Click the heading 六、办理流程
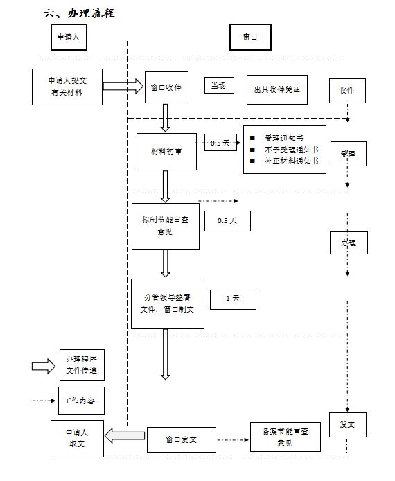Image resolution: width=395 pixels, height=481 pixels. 79,13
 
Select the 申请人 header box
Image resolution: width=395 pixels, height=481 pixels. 69,37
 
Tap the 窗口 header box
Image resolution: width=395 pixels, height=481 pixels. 250,37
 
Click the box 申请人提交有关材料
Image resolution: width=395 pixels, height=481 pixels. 67,87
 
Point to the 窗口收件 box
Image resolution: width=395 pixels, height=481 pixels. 166,87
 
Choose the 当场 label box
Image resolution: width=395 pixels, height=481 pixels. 219,85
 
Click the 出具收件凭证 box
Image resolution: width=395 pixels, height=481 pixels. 277,89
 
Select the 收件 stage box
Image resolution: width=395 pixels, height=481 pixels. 347,91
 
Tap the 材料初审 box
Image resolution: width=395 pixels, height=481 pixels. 166,152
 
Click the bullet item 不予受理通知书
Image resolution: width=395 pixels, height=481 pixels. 291,150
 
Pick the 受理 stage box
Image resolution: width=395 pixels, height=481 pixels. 348,154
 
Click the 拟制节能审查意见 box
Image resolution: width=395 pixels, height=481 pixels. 166,226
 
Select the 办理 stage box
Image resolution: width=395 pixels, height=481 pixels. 349,243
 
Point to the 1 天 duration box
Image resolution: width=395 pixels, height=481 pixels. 233,299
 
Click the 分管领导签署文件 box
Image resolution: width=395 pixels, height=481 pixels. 168,304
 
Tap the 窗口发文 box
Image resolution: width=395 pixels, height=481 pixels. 182,439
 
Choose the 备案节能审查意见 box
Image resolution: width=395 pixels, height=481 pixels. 286,437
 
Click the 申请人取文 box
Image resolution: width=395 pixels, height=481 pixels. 77,438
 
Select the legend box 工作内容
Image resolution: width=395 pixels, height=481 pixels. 81,401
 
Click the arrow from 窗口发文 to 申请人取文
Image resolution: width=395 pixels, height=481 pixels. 125,435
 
